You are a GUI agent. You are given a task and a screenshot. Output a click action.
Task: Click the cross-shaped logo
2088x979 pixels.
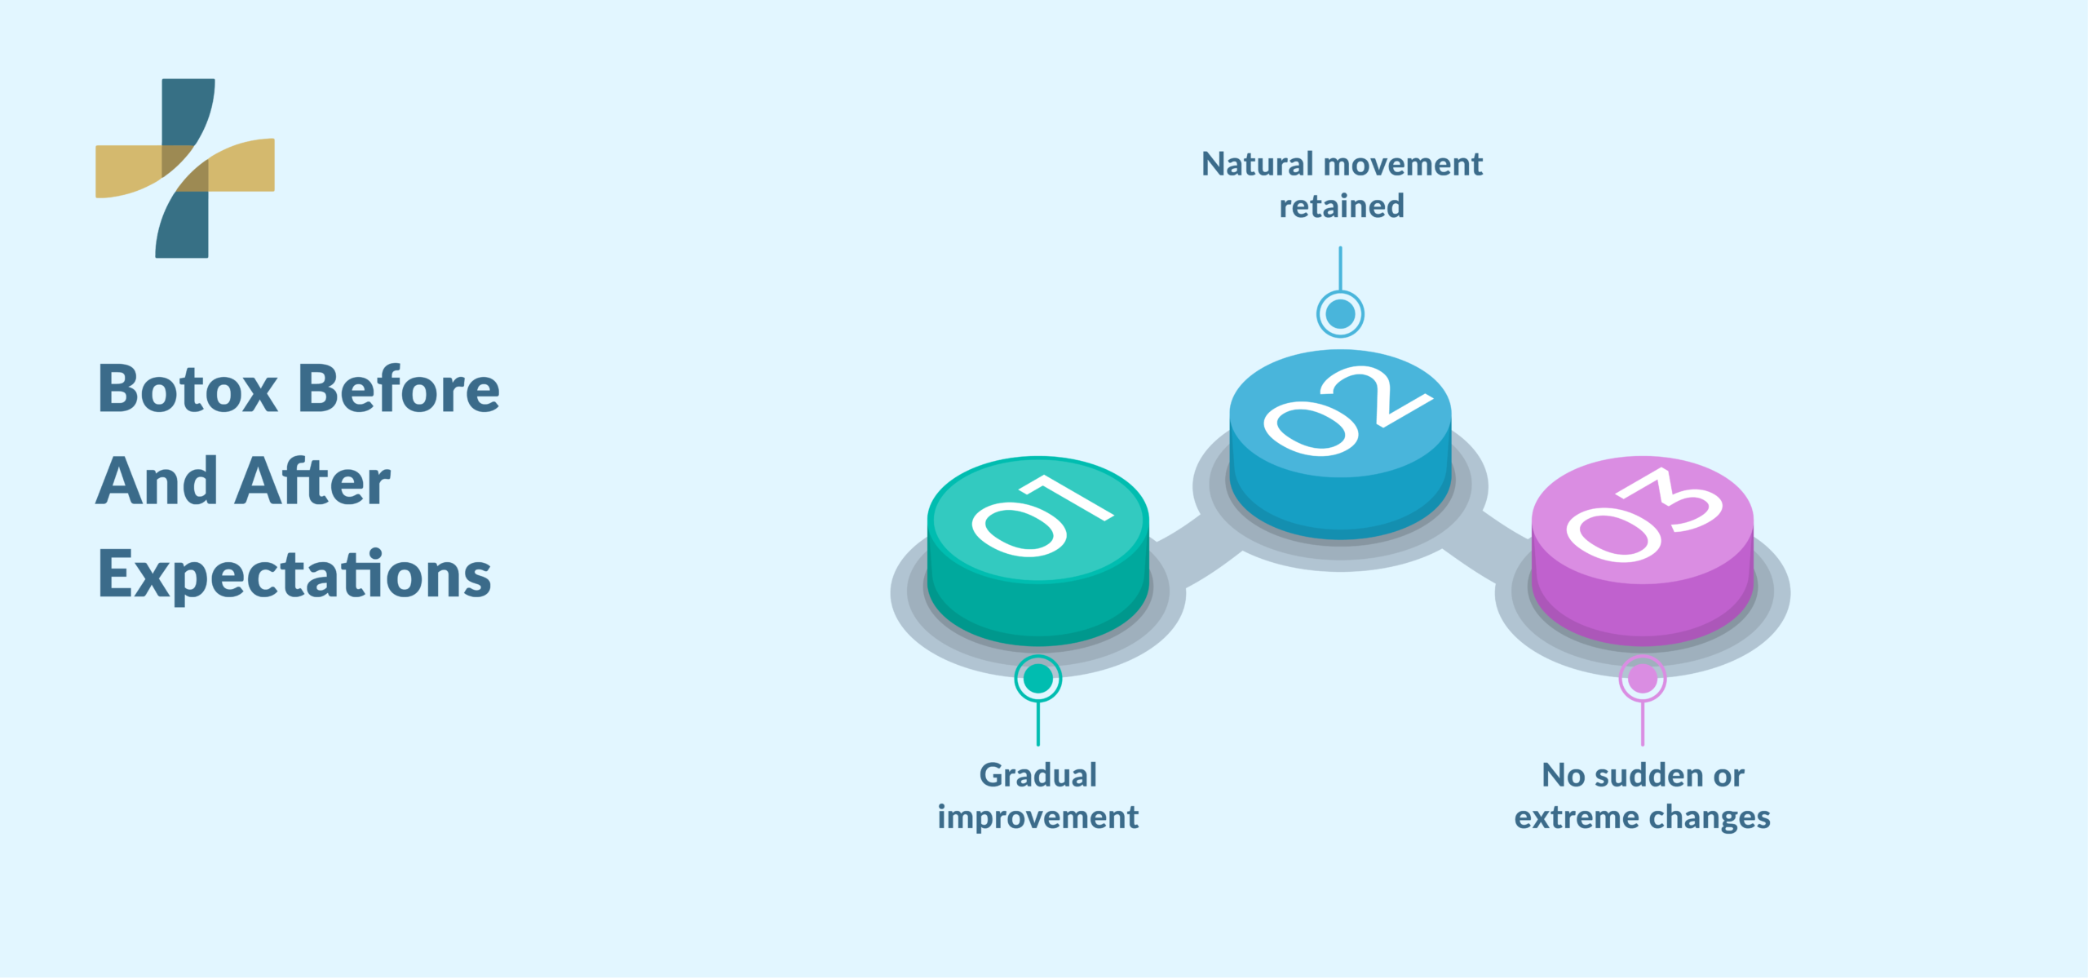[x=185, y=168]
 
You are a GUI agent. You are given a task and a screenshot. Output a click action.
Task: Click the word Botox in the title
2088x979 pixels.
[x=188, y=389]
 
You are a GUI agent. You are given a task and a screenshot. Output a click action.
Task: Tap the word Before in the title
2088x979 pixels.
[x=399, y=389]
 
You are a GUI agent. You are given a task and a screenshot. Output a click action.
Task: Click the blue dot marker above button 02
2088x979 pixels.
[x=1340, y=314]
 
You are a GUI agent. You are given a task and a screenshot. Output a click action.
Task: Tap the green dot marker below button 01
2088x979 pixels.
[x=1038, y=678]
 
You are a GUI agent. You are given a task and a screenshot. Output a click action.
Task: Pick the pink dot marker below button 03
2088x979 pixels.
[x=1643, y=678]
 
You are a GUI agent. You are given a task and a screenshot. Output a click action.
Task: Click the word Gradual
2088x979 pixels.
[x=1038, y=775]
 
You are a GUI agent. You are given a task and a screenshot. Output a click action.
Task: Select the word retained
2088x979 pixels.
[x=1342, y=206]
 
